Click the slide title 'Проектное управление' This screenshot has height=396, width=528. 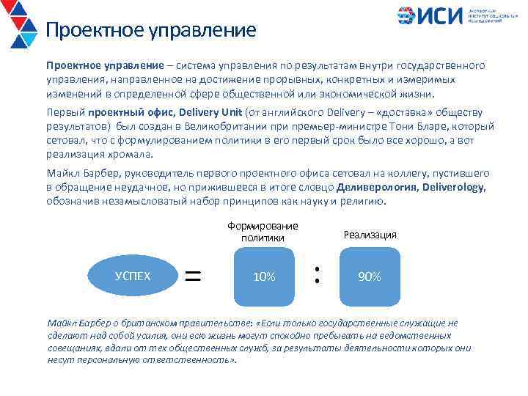tap(151, 31)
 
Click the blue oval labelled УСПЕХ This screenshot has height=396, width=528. tap(133, 276)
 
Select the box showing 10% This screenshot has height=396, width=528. tap(263, 276)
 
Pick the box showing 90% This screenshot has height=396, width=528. tap(369, 276)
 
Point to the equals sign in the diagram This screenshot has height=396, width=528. tap(192, 276)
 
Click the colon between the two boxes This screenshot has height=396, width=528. tap(317, 275)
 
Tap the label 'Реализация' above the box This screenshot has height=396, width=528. tap(370, 235)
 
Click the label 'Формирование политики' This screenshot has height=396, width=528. tap(263, 232)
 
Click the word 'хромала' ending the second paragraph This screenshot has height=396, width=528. tap(132, 155)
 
